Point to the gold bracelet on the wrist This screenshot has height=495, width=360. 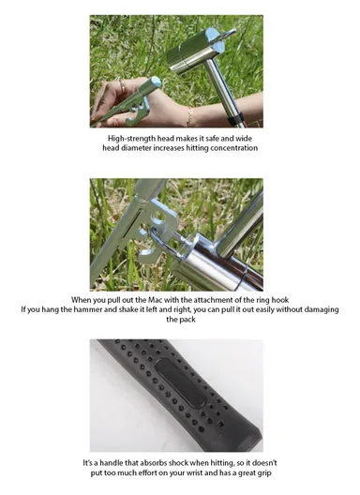click(x=190, y=114)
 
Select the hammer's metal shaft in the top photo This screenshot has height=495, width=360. click(x=231, y=103)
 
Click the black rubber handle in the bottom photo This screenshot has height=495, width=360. click(x=178, y=394)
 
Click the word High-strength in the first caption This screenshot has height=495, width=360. click(x=133, y=137)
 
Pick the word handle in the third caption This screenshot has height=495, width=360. click(x=120, y=463)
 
